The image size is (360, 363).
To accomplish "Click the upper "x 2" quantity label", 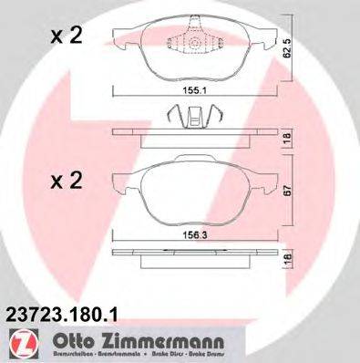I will (66, 38).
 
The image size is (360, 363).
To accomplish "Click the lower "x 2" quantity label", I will (66, 180).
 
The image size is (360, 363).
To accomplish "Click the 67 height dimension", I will (288, 191).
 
